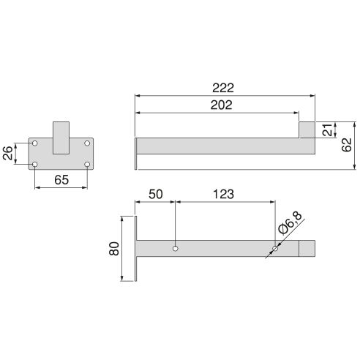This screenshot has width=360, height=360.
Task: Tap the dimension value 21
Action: coord(327,130)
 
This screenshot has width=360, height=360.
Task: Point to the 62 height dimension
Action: coord(347,144)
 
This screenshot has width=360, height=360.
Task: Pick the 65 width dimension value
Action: coord(61,180)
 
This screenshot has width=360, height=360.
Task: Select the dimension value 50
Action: coord(156,194)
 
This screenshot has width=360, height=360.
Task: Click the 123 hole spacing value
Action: coord(224,194)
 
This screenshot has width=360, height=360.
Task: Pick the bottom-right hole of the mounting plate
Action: coord(87,164)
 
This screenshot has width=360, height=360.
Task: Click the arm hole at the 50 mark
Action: coord(175,249)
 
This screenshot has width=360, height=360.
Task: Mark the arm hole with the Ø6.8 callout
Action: coord(274,249)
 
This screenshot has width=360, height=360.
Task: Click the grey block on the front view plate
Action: coord(61,138)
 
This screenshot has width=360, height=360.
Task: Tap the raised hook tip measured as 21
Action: coord(307,129)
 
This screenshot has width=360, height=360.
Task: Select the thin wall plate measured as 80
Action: coord(136,249)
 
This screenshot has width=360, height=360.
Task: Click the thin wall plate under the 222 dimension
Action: coord(136,152)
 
